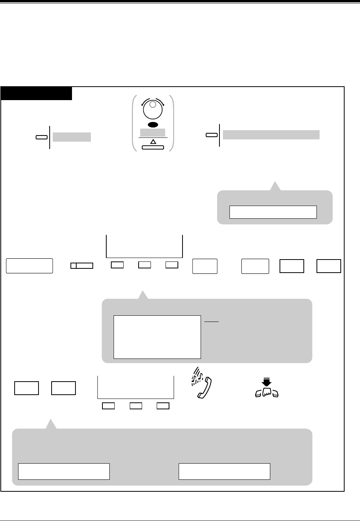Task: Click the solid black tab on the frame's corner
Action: coord(37,94)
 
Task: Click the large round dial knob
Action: coord(153,109)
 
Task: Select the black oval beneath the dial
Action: coord(153,125)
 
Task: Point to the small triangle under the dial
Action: coord(153,142)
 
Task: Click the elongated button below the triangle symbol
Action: coord(153,147)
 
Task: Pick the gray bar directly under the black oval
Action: coord(153,132)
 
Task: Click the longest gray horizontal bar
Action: coord(271,135)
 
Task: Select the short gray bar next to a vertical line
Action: coord(72,137)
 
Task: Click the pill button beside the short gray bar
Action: coord(41,137)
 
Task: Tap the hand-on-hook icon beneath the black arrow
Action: coord(267,392)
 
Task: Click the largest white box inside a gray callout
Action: coord(157,337)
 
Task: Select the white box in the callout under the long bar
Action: coord(273,212)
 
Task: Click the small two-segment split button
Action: coord(82,265)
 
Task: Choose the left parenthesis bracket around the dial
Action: coord(134,123)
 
